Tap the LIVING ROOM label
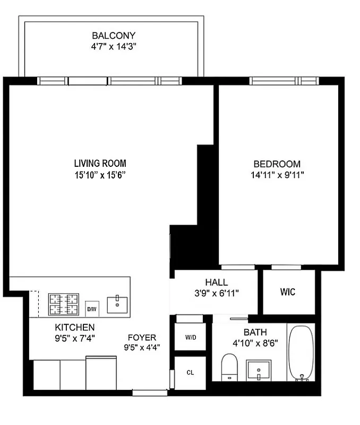tap(100, 164)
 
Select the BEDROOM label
tap(277, 164)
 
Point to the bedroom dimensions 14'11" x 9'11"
tap(277, 174)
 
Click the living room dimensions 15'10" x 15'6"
tap(100, 174)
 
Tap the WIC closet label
tap(288, 292)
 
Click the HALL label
tap(216, 283)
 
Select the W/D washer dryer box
tap(190, 337)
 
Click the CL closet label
tap(190, 372)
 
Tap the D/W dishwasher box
tap(91, 309)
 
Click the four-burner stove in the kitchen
tap(64, 305)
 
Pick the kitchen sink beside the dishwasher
tap(117, 304)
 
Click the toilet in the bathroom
tap(229, 367)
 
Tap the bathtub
tap(301, 352)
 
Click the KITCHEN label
tap(75, 327)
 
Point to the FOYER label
tap(142, 337)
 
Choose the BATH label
tap(255, 333)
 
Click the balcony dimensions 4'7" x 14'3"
tap(114, 46)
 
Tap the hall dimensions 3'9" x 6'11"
tap(216, 293)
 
